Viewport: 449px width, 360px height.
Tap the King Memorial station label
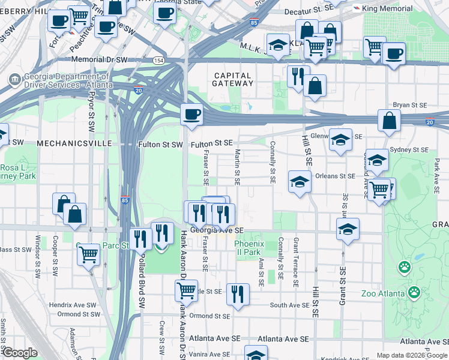tap(388, 8)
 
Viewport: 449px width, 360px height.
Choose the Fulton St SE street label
tap(211, 144)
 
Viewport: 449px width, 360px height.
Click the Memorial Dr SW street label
tap(100, 60)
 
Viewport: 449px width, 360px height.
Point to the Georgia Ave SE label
tap(217, 230)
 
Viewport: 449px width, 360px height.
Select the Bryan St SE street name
tap(410, 105)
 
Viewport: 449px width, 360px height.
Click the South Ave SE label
tap(289, 305)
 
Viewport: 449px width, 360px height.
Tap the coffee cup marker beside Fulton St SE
tap(191, 114)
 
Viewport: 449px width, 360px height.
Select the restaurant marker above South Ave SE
tap(238, 294)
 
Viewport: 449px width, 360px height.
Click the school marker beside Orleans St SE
tap(299, 181)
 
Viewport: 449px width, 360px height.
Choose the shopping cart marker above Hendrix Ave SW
tap(88, 254)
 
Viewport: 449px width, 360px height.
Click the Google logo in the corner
tap(20, 353)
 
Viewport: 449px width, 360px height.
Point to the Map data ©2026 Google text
tap(412, 355)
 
